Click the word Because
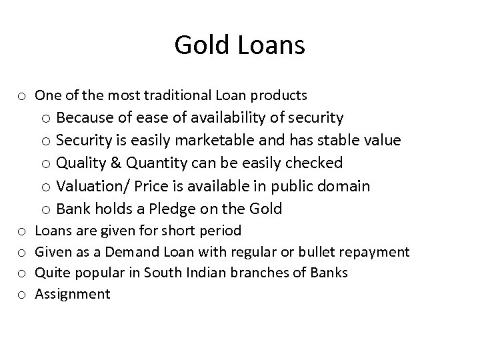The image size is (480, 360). [85, 118]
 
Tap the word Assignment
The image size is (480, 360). [72, 294]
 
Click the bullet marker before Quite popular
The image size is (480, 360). [21, 273]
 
